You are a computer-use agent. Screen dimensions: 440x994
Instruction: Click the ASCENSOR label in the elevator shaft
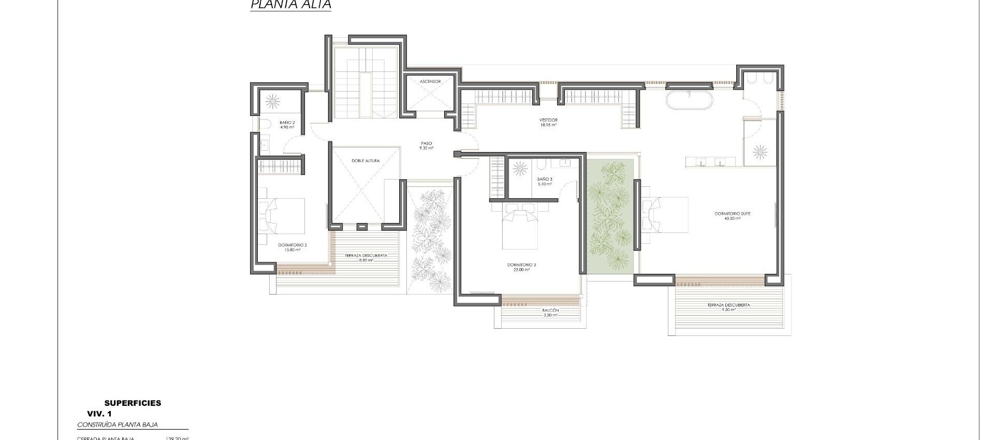(430, 82)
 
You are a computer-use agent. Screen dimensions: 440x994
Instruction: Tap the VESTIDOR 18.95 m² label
(548, 122)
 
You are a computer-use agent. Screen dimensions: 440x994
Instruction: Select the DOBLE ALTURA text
(366, 161)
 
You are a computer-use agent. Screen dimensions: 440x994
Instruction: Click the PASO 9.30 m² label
(426, 145)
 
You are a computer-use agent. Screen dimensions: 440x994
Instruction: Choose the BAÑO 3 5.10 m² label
(544, 181)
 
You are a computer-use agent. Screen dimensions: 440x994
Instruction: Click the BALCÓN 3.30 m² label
(550, 312)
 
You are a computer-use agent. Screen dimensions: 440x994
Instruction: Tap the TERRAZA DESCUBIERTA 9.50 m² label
(728, 307)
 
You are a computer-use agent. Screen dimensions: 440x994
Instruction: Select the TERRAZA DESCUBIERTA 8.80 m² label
(366, 258)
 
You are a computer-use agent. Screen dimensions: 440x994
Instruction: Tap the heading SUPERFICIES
(133, 403)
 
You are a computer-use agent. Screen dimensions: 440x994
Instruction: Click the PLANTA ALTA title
(290, 5)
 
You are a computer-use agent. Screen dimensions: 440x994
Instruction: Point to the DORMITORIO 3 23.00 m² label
(521, 267)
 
